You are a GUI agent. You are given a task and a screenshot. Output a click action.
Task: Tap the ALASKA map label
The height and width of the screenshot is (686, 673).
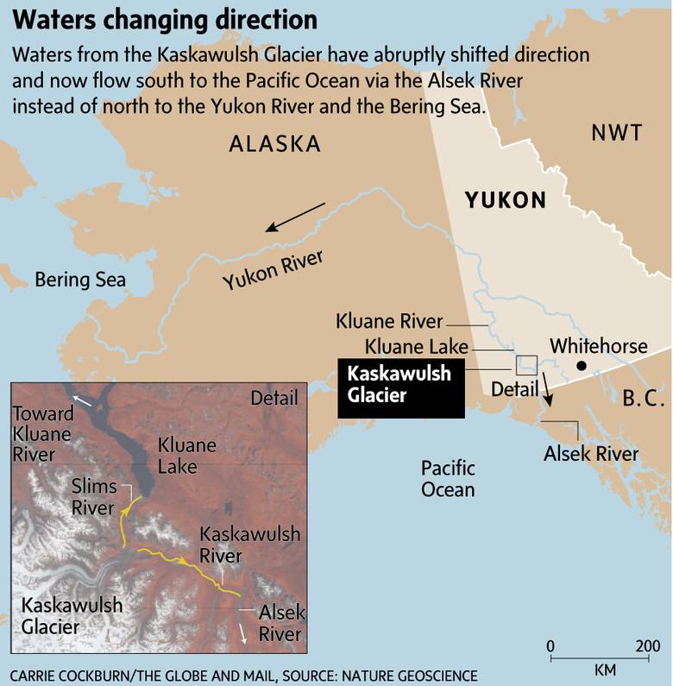(274, 144)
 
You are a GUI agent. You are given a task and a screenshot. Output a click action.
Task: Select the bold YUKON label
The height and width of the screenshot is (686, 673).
(506, 200)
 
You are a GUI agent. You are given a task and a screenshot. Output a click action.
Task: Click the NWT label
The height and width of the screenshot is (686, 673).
(617, 133)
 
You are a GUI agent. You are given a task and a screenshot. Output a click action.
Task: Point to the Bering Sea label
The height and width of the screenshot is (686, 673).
(80, 280)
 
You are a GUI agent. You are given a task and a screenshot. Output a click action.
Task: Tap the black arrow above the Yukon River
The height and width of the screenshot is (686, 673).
(295, 217)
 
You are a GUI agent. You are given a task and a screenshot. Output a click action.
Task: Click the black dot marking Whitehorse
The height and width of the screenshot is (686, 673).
(582, 367)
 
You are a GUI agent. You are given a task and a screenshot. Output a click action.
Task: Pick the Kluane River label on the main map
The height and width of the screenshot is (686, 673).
(389, 323)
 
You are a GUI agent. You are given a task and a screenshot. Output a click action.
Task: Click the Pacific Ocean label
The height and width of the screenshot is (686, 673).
(448, 479)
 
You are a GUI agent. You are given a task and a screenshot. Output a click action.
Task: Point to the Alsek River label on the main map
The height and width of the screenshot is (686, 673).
(591, 454)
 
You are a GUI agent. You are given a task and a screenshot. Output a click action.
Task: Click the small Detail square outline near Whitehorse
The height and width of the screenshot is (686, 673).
(526, 365)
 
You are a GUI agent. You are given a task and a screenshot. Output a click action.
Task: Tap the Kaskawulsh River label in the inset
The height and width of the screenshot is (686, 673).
(249, 544)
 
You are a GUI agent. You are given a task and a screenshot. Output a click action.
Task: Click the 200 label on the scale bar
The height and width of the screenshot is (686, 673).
(647, 647)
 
